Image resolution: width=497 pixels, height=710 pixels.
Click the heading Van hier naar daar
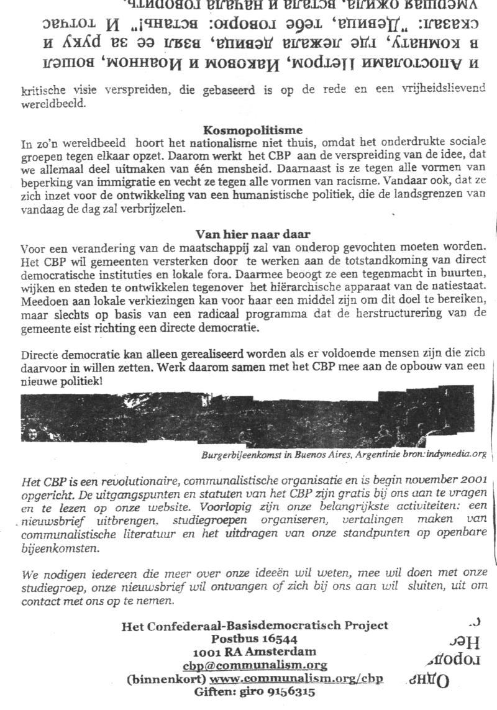point(253,234)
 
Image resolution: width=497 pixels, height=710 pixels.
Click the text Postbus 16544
point(254,639)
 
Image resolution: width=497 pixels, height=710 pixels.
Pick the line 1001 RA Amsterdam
point(254,652)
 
